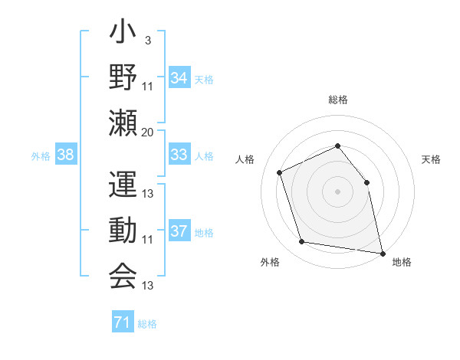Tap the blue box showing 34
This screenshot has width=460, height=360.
(179, 78)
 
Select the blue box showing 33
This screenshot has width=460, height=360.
(179, 155)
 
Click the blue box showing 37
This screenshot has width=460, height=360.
(179, 231)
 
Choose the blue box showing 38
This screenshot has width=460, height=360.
(65, 155)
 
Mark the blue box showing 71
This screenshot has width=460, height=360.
(122, 322)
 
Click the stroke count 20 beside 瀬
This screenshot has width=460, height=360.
(147, 132)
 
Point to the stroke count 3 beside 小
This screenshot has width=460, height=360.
(147, 40)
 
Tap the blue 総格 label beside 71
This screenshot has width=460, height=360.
(147, 324)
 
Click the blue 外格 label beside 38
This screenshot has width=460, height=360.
(41, 156)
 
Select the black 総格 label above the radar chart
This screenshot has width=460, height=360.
(337, 100)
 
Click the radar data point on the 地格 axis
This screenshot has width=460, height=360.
(381, 252)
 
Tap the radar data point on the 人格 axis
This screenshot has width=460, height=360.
(280, 172)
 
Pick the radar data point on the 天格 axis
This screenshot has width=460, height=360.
(366, 182)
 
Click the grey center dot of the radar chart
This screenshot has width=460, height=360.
(337, 191)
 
